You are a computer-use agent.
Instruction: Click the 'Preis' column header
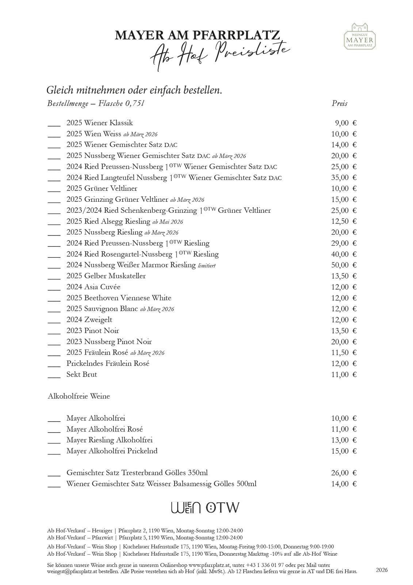(x=339, y=103)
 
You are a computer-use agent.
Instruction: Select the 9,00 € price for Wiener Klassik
(x=345, y=123)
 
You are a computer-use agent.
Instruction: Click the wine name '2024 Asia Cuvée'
(x=93, y=287)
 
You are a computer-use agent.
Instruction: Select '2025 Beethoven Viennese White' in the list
(x=119, y=298)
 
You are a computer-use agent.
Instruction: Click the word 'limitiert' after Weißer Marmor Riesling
(x=206, y=266)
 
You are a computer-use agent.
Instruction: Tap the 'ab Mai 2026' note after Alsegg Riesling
(x=168, y=222)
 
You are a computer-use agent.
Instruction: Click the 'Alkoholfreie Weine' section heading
(x=79, y=396)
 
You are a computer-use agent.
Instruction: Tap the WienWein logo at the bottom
(x=186, y=508)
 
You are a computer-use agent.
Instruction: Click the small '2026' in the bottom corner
(x=382, y=570)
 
